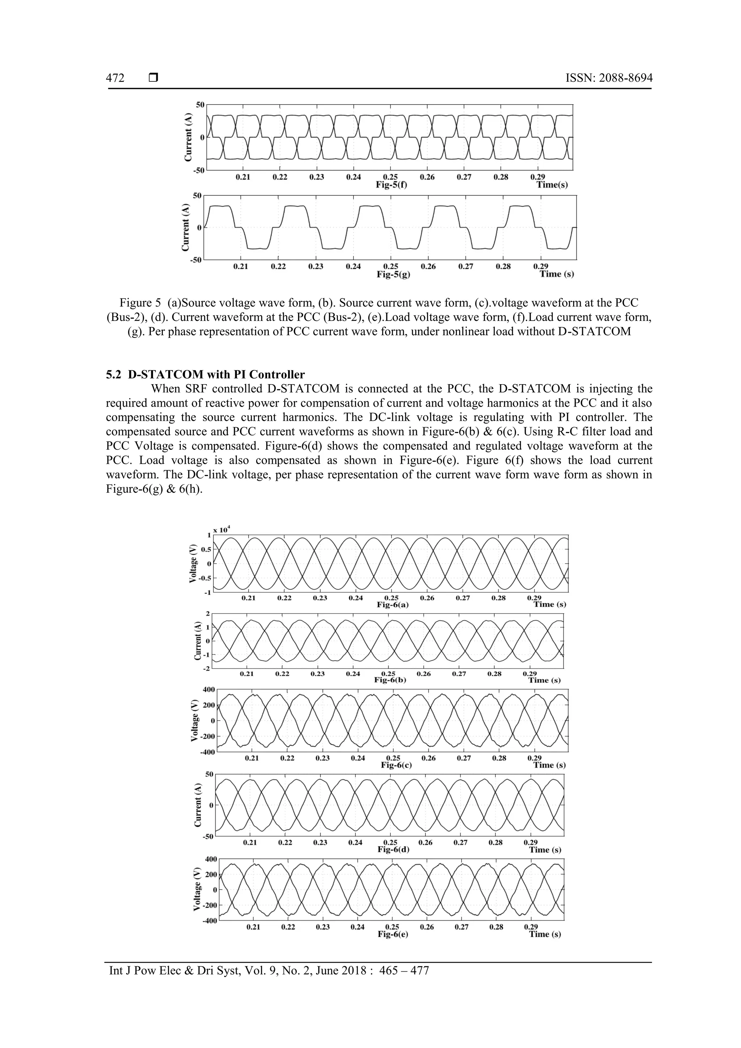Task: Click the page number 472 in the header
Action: click(115, 79)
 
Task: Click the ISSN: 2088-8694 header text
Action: click(609, 79)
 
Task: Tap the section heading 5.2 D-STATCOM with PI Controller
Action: click(205, 375)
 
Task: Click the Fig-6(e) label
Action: click(393, 934)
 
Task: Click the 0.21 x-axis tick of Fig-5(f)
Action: click(243, 177)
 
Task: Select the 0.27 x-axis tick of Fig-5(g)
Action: click(466, 267)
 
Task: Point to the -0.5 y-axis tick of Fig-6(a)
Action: click(206, 578)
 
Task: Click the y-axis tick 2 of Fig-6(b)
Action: click(208, 614)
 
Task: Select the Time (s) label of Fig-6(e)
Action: click(545, 934)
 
